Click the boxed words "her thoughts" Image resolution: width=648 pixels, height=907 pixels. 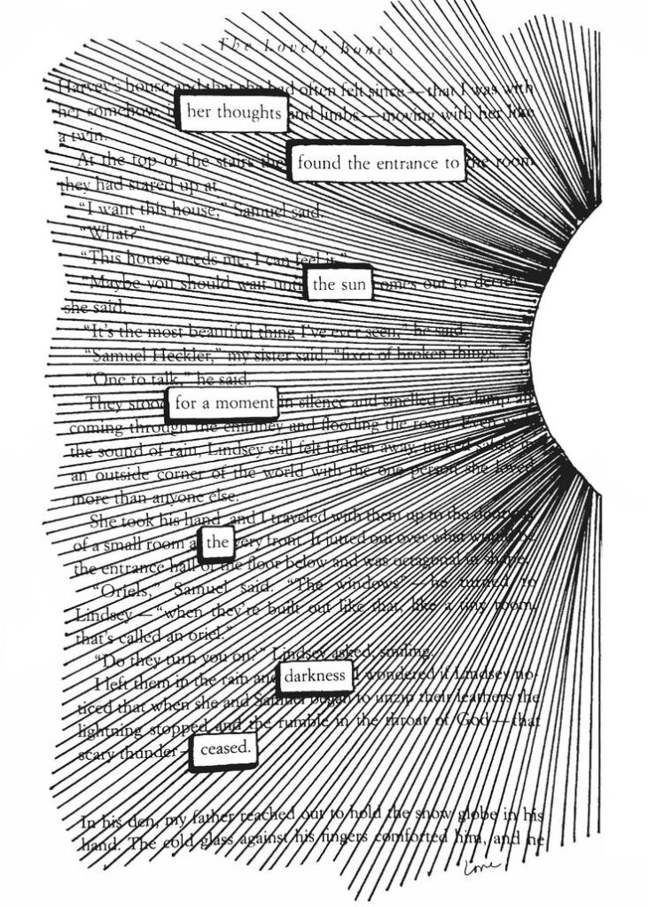coord(233,112)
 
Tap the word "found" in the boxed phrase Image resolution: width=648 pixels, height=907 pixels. coord(320,162)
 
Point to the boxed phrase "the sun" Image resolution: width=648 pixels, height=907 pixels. coord(340,284)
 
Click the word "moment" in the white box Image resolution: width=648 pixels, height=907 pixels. coord(245,403)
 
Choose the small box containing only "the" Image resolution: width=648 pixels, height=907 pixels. coord(217,543)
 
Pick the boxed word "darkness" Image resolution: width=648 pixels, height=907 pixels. coord(315,676)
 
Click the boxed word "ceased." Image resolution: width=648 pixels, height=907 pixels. coord(226,750)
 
